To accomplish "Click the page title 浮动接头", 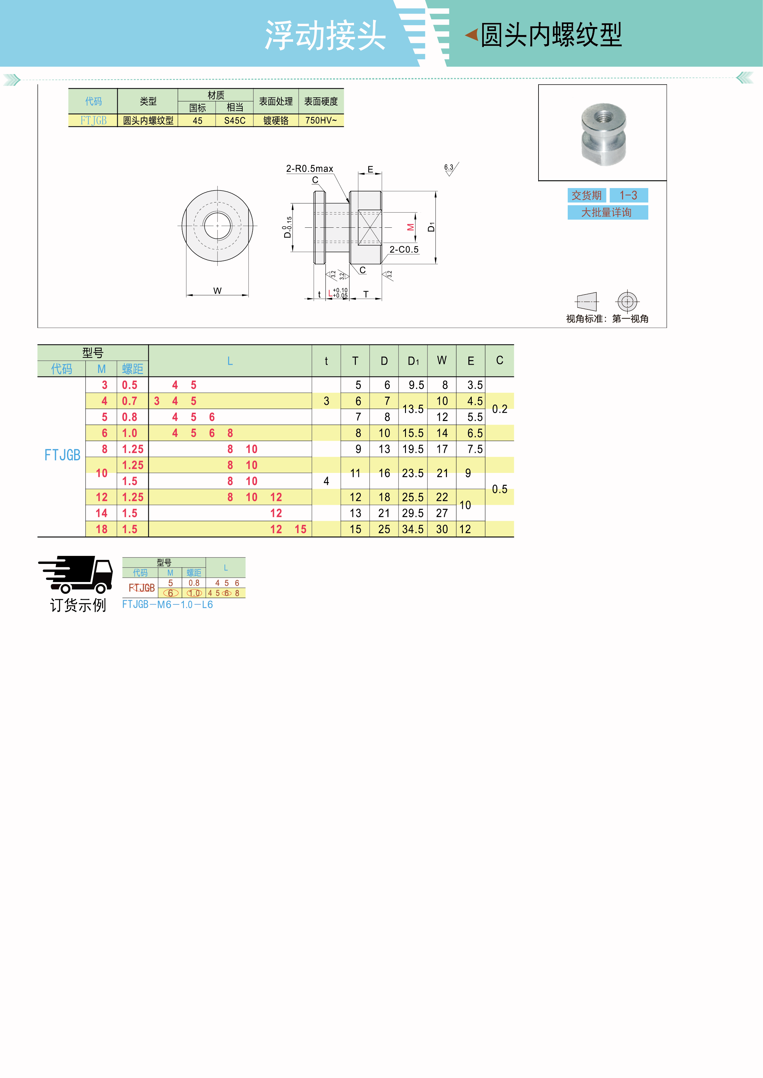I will pos(325,36).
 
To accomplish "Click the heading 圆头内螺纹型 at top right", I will pos(550,35).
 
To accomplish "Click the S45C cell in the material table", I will pos(234,121).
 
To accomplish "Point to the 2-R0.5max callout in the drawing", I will pos(310,169).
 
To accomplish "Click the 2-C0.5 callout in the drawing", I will pos(403,249).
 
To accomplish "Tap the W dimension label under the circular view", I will pos(217,291).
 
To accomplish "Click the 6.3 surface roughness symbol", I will pos(450,169).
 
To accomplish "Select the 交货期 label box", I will pos(586,195).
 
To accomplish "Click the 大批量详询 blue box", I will pos(607,213).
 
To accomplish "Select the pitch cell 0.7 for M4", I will pos(130,401).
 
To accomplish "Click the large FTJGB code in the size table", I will pos(62,455).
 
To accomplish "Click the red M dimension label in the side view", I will pos(410,227).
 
